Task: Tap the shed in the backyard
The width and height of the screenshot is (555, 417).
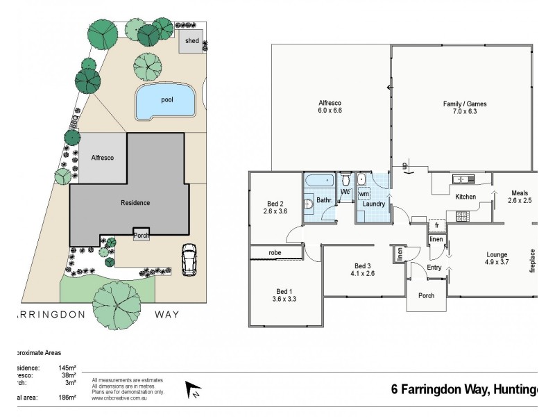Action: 191,42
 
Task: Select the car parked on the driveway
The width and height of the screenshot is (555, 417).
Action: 189,259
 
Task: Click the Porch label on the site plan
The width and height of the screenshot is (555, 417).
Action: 141,236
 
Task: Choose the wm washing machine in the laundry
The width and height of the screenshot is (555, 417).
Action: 364,194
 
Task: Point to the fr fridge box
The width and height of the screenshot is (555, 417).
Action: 436,225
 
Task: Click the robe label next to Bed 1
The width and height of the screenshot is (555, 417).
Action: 264,252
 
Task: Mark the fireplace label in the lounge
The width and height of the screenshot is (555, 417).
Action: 533,260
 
